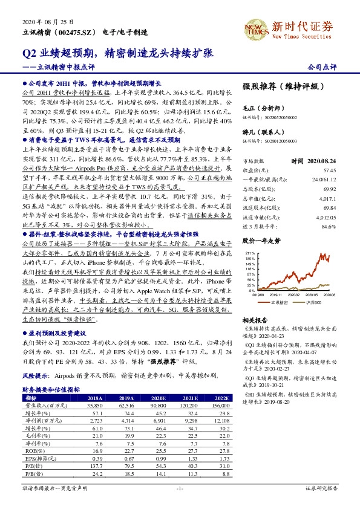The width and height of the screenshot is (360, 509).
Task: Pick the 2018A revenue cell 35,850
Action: pyautogui.click(x=95, y=406)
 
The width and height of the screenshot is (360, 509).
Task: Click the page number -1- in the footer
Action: pyautogui.click(x=179, y=487)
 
